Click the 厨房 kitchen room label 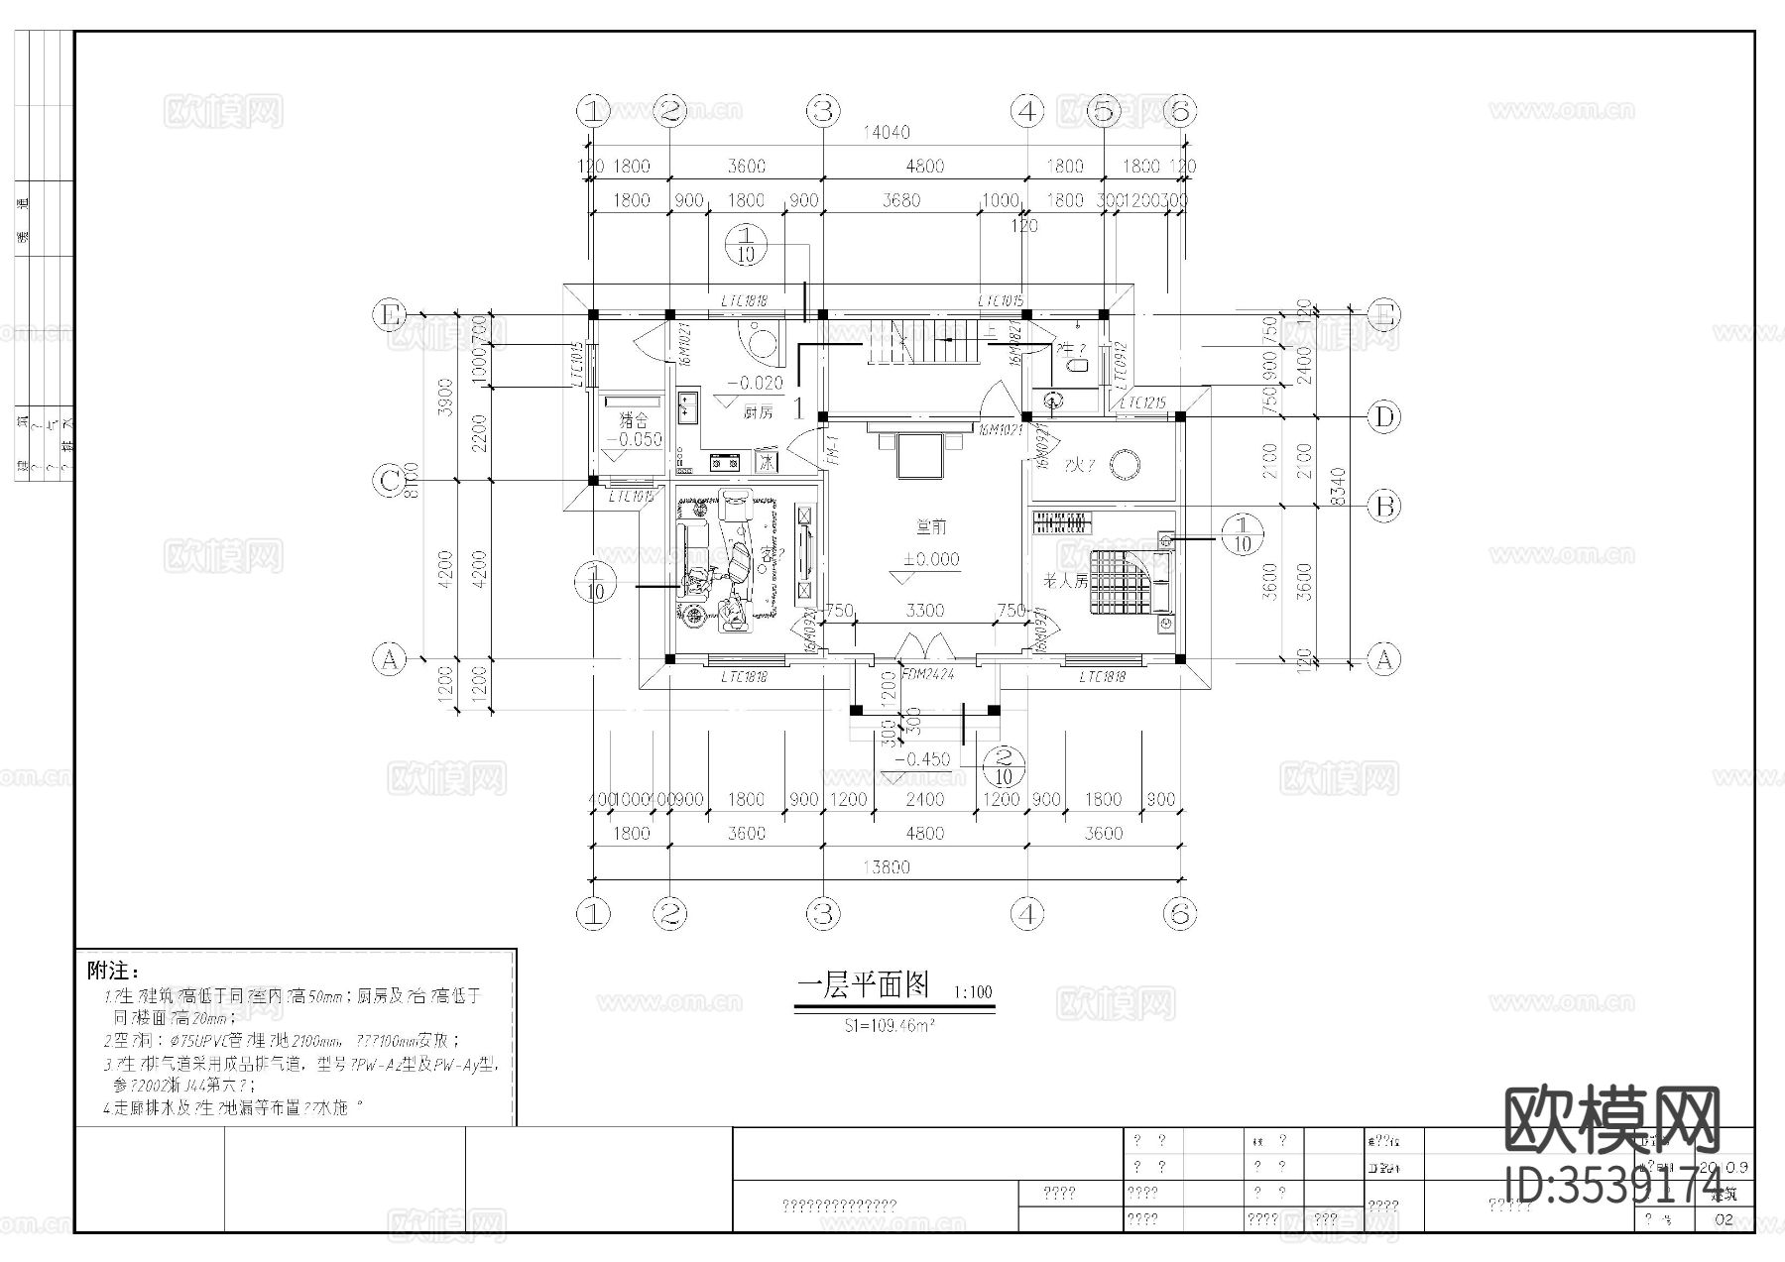point(757,412)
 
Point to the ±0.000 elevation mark point(930,559)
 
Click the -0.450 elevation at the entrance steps point(921,759)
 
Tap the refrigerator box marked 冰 point(767,461)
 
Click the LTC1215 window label point(1142,404)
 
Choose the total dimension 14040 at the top point(887,132)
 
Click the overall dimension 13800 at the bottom point(887,867)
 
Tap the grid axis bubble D point(1384,417)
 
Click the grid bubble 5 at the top point(1104,110)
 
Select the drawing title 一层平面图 point(864,985)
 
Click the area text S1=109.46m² point(890,1026)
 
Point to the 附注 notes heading point(114,969)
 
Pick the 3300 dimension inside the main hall point(924,611)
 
